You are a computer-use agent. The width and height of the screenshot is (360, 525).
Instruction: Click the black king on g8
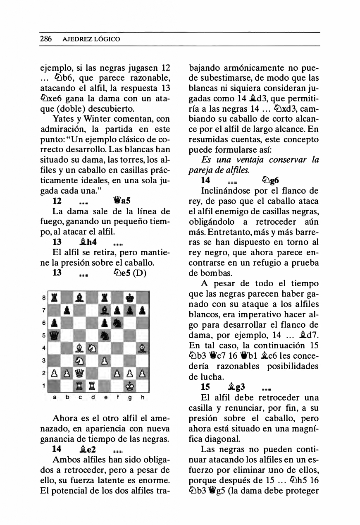click(x=130, y=298)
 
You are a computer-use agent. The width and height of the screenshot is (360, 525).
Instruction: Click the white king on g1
click(x=130, y=387)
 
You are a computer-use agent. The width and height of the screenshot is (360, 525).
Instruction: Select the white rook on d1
click(x=92, y=387)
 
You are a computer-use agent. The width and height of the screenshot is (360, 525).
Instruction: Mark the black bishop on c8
click(x=79, y=298)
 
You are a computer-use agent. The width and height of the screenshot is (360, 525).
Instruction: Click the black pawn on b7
click(x=67, y=311)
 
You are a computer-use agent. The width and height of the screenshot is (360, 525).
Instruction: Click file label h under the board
click(x=143, y=398)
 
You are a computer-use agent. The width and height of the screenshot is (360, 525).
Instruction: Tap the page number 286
click(x=45, y=39)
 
